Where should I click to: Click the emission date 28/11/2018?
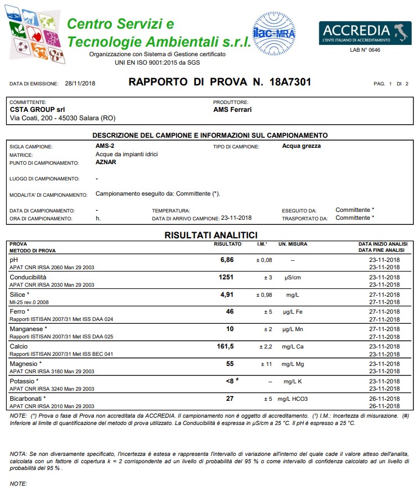pos(80,83)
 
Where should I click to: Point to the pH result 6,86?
pos(226,260)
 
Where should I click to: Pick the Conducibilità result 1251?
pos(226,277)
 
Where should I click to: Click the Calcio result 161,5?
pos(225,346)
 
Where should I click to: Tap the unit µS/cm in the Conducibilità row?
pos(293,278)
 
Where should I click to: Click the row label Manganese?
pos(28,329)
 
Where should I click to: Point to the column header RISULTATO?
pos(227,244)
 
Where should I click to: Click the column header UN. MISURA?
pos(293,244)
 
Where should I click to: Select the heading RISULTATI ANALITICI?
pos(210,235)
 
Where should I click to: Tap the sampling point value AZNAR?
pos(106,162)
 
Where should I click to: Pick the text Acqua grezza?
pos(302,146)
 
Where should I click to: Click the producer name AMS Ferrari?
pos(232,110)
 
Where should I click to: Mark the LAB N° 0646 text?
pos(365,50)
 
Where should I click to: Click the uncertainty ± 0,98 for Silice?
pos(264,295)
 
